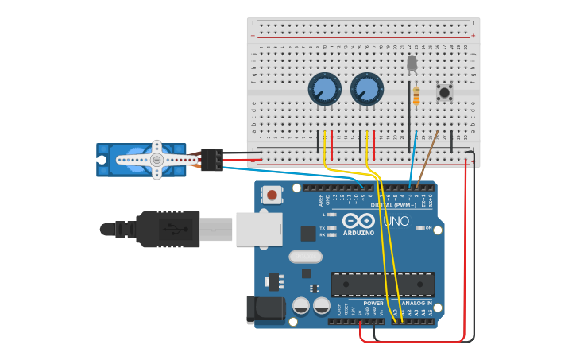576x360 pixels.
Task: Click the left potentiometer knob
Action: coord(324,89)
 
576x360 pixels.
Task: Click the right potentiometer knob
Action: coord(366,89)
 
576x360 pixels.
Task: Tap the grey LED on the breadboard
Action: coord(412,63)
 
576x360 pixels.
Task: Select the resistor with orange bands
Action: coord(417,95)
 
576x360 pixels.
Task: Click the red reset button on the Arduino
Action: coord(273,195)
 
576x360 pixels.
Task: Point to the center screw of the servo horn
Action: coord(157,160)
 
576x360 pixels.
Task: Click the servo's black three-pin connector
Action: coord(211,160)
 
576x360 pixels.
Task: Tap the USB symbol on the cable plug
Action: coord(174,229)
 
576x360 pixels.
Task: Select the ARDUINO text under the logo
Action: coord(359,233)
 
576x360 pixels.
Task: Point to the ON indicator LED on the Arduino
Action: coord(419,229)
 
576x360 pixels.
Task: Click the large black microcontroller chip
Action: coord(382,284)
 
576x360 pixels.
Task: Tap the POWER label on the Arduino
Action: coord(373,304)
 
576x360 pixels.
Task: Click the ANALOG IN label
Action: coord(417,304)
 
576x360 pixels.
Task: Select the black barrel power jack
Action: coord(265,310)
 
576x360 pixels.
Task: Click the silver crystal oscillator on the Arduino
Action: coord(305,257)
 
